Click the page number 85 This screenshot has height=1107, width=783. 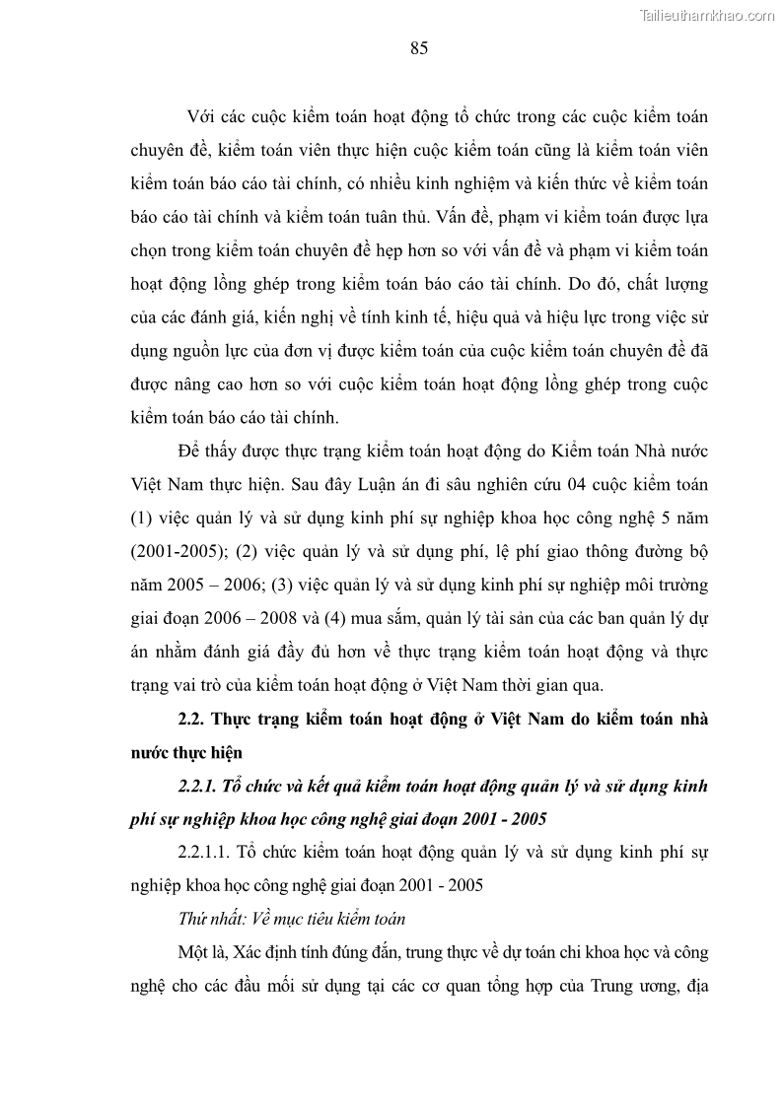click(418, 49)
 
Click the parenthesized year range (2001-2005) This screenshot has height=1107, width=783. click(175, 551)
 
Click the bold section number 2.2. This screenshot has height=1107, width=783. click(191, 719)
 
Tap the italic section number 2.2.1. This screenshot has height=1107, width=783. click(201, 786)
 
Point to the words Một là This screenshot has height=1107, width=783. click(202, 953)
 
